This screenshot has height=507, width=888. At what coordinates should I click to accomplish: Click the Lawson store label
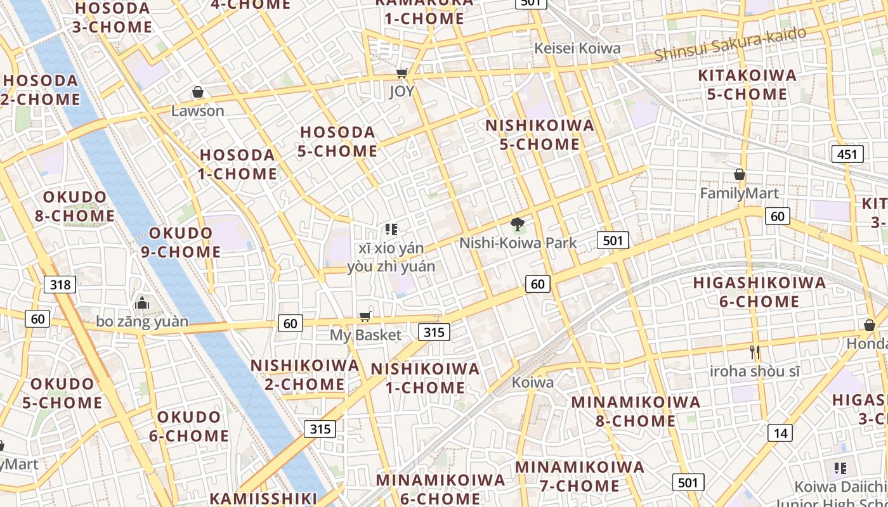click(x=198, y=111)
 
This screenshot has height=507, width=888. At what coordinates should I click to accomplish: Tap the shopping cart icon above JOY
click(x=402, y=73)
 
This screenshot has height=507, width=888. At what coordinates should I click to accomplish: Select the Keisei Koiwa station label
click(x=577, y=48)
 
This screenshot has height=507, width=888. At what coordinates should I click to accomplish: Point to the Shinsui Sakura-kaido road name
click(x=730, y=44)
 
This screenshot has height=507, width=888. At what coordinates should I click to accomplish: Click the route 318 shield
click(x=60, y=284)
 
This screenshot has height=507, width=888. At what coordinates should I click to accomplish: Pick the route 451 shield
click(x=847, y=154)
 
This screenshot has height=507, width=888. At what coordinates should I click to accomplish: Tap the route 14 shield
click(x=780, y=433)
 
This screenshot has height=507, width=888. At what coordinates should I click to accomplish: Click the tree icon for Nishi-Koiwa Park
click(x=518, y=224)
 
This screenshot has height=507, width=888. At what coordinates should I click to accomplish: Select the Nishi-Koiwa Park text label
click(x=518, y=243)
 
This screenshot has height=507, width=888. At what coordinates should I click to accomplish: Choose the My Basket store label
click(x=365, y=335)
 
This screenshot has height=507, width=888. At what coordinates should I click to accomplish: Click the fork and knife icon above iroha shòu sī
click(x=754, y=352)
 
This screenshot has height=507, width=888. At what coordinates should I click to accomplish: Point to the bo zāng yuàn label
click(x=142, y=322)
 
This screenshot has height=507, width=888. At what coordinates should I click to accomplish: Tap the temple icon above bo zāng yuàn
click(x=142, y=303)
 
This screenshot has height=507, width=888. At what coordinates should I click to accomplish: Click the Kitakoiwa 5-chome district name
click(x=747, y=85)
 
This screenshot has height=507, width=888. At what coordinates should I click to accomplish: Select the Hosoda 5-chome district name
click(x=338, y=141)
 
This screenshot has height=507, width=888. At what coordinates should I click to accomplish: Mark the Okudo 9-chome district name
click(x=181, y=242)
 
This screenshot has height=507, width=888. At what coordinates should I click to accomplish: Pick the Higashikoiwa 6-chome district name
click(x=759, y=292)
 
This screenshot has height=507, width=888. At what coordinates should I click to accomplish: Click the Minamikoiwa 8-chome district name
click(x=636, y=411)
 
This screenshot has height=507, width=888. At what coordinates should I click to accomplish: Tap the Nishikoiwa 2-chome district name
click(x=304, y=375)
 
